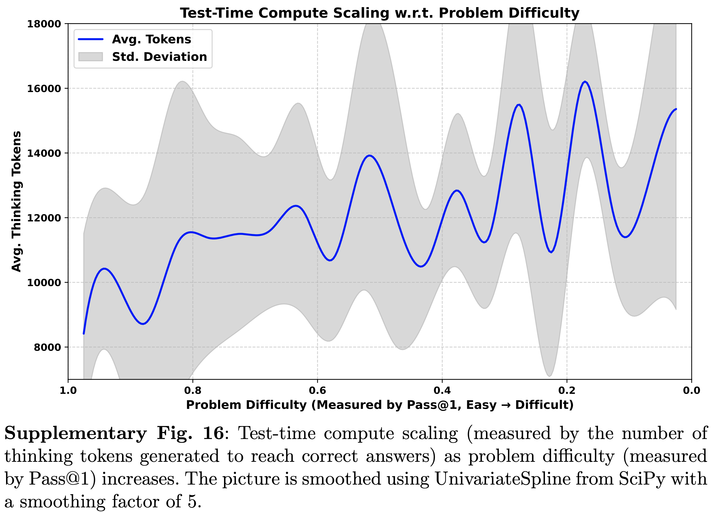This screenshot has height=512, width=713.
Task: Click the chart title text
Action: click(380, 13)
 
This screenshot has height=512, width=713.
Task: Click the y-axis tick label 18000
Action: click(44, 24)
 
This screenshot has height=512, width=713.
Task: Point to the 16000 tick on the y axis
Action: click(44, 88)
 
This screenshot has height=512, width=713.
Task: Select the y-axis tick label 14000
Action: click(44, 153)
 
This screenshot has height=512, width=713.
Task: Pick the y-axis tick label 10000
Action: click(44, 283)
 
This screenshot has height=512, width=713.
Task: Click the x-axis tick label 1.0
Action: click(68, 391)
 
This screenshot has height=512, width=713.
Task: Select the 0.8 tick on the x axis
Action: click(193, 391)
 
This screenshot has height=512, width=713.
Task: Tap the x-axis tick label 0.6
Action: click(318, 391)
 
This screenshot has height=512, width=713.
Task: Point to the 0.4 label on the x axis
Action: click(442, 391)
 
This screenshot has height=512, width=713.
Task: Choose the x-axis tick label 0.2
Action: click(567, 391)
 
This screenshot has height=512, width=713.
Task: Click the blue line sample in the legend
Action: click(91, 39)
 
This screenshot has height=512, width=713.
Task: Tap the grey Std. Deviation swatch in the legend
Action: click(91, 57)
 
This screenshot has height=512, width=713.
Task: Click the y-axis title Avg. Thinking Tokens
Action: click(16, 201)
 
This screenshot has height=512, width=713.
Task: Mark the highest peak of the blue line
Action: click(585, 82)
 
